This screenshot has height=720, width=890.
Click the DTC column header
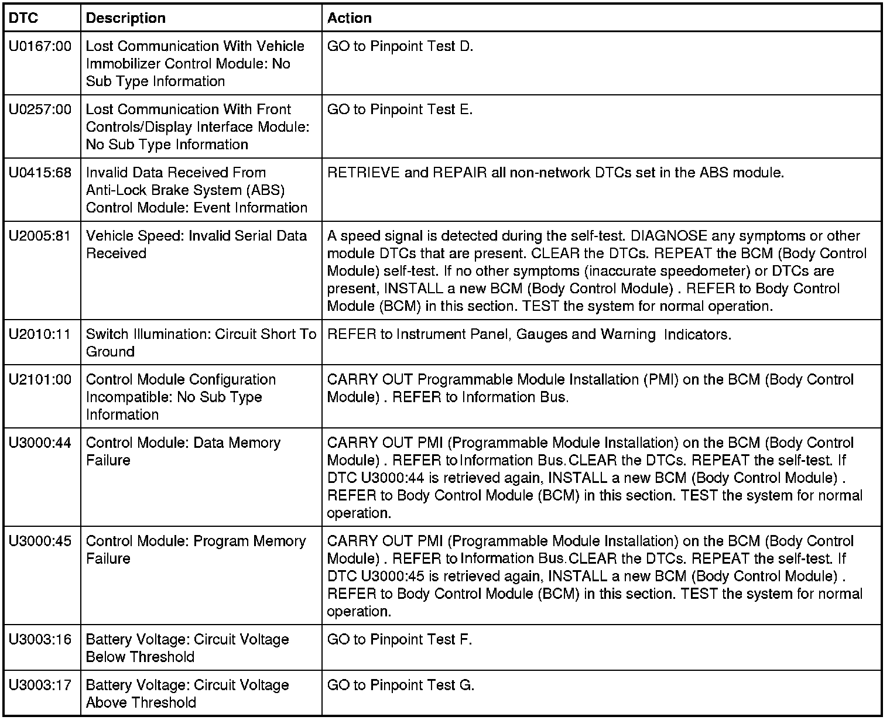coord(24,18)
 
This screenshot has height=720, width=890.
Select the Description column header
coord(125,18)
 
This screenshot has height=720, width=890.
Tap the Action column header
coord(349,18)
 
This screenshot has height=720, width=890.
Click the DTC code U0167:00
coord(40,46)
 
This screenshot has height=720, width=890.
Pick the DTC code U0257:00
coord(40,109)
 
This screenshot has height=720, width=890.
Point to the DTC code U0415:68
coord(40,173)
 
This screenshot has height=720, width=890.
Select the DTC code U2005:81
coord(40,236)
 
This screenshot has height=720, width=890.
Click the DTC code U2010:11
coord(40,334)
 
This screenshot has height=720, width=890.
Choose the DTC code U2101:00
coord(40,380)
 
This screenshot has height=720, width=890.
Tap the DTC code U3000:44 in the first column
coord(40,443)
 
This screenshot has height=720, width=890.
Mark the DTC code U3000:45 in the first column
coord(40,541)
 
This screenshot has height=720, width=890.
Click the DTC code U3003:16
coord(40,640)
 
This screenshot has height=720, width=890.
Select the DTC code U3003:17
coord(40,685)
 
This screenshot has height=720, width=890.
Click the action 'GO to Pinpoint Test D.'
coord(400,46)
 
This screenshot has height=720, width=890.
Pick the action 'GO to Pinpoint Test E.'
coord(400,109)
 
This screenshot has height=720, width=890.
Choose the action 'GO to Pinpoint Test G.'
coord(400,685)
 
